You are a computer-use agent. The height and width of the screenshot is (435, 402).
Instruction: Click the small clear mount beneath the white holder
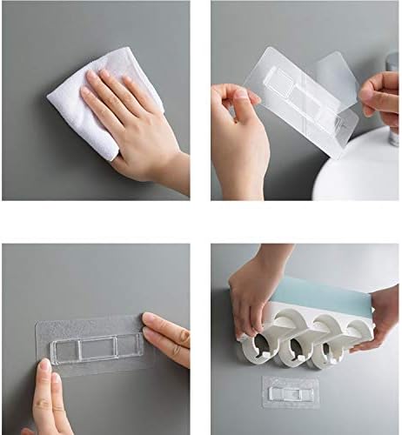[x=291, y=390]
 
